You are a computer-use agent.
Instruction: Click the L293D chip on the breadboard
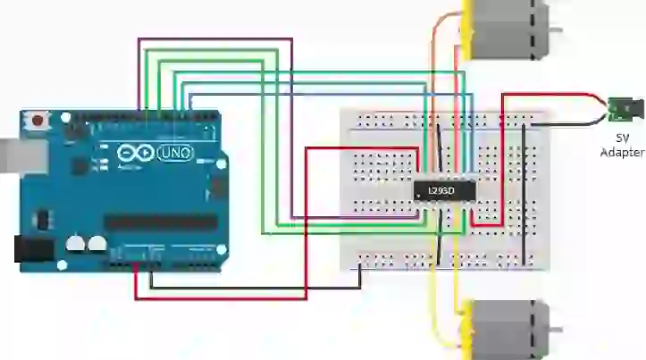[x=443, y=191]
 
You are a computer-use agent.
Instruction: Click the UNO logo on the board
[x=174, y=154]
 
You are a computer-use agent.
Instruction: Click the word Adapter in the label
[x=623, y=153]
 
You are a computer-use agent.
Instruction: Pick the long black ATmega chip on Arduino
[x=160, y=222]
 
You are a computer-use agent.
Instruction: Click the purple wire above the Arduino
[x=214, y=39]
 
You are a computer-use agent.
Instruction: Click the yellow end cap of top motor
[x=466, y=27]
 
